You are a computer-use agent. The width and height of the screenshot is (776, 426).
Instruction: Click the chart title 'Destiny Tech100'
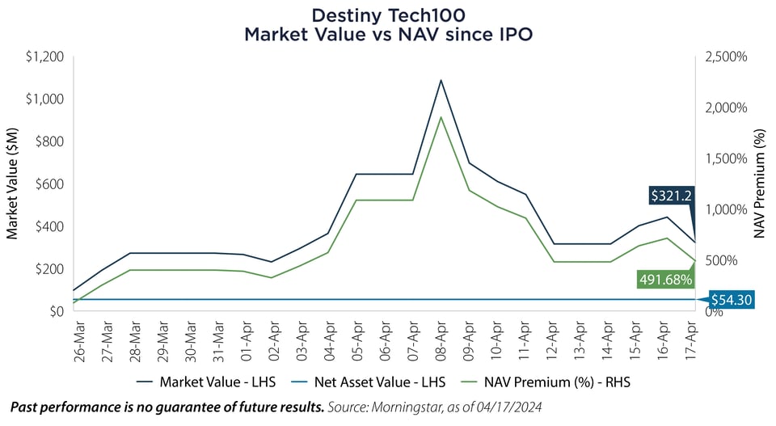pyautogui.click(x=387, y=15)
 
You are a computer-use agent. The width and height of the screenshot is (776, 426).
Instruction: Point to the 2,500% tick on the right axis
pyautogui.click(x=725, y=57)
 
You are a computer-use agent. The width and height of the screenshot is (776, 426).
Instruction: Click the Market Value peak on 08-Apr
pyautogui.click(x=441, y=80)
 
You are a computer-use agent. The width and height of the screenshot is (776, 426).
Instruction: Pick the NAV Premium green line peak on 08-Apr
pyautogui.click(x=441, y=117)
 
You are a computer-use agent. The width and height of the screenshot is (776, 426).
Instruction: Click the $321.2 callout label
pyautogui.click(x=670, y=195)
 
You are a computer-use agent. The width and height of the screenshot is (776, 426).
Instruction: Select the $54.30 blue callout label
pyautogui.click(x=732, y=300)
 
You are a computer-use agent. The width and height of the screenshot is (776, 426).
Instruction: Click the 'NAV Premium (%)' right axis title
pyautogui.click(x=760, y=183)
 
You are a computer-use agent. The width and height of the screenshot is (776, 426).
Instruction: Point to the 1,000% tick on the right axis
pyautogui.click(x=725, y=209)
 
